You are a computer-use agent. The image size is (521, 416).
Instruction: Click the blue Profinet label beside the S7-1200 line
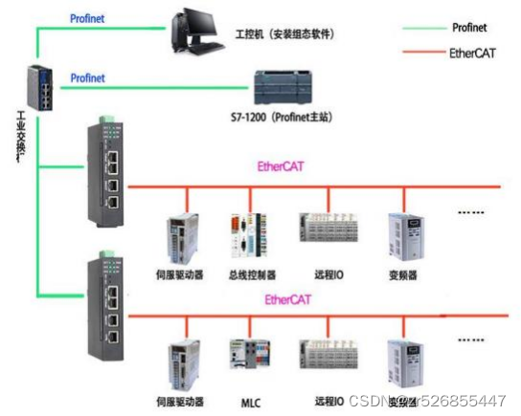87,77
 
